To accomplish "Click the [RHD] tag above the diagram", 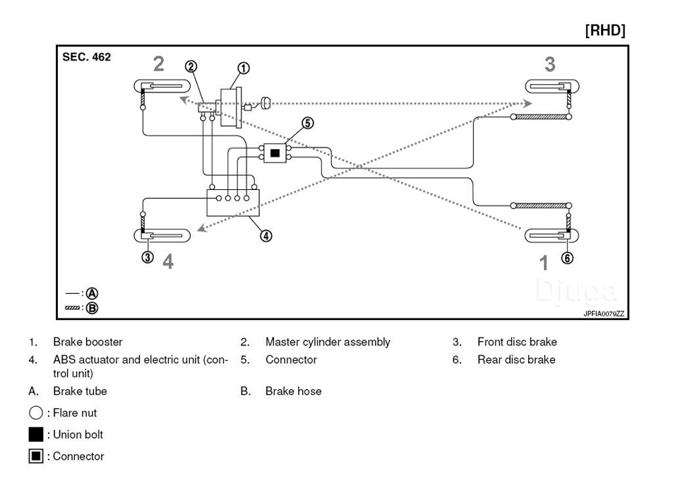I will (x=605, y=31).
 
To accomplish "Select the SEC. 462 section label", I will (x=87, y=57).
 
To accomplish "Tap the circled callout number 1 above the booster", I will (x=243, y=69).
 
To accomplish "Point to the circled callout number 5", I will (x=307, y=123).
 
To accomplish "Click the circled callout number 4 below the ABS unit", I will (x=266, y=236).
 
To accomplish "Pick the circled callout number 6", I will (x=566, y=258).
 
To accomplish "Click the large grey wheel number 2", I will (x=159, y=64).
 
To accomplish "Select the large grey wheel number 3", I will (x=549, y=64).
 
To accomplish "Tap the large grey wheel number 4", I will (x=167, y=261).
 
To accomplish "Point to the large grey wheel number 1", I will (x=544, y=263).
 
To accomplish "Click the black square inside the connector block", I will (x=275, y=153).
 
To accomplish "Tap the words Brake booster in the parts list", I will (x=88, y=342).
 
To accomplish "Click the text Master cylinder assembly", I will (x=328, y=342).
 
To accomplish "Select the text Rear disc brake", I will (x=516, y=360).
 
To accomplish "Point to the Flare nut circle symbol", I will (x=35, y=413).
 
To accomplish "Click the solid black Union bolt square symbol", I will (x=36, y=434).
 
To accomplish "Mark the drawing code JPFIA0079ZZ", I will (x=604, y=313).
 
